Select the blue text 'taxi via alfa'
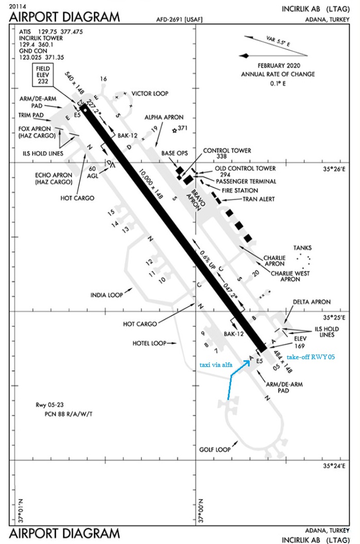tap(216, 365)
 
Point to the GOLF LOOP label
tap(215, 450)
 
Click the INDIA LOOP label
tap(107, 295)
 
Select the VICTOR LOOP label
tap(150, 93)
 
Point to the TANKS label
tap(303, 247)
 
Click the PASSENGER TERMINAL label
tap(246, 181)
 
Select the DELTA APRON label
tap(312, 302)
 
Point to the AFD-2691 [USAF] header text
tap(177, 20)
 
